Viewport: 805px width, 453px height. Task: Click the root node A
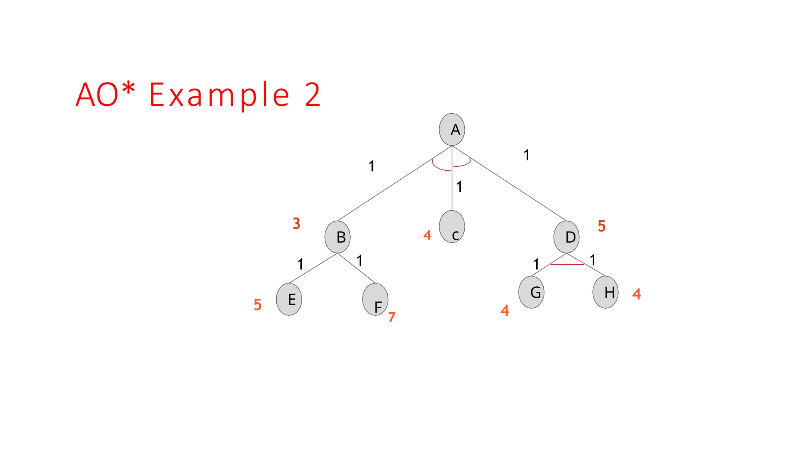pos(452,129)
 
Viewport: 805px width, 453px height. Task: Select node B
pos(337,237)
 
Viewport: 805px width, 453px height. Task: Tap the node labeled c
pos(452,226)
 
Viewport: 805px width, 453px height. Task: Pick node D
pos(566,237)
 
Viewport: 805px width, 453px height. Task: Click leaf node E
pos(289,299)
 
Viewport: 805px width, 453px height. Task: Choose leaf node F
pos(375,300)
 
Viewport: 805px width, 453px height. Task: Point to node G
pos(531,292)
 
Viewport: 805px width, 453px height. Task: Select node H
pos(605,292)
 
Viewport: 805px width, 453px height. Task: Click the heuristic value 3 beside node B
pos(296,223)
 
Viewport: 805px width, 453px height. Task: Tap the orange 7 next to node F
pos(391,317)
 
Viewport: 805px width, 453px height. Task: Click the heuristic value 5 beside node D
pos(601,226)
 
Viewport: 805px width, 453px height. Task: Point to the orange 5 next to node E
pos(257,304)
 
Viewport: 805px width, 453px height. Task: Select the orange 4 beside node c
pos(427,235)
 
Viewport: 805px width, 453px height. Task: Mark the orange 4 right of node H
pos(636,294)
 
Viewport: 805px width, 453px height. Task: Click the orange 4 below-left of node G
pos(505,310)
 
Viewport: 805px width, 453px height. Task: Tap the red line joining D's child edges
pos(567,265)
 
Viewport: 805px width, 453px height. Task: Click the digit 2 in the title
pos(312,95)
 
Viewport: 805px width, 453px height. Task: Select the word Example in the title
pos(219,95)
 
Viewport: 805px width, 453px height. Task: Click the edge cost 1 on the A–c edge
pos(459,186)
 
